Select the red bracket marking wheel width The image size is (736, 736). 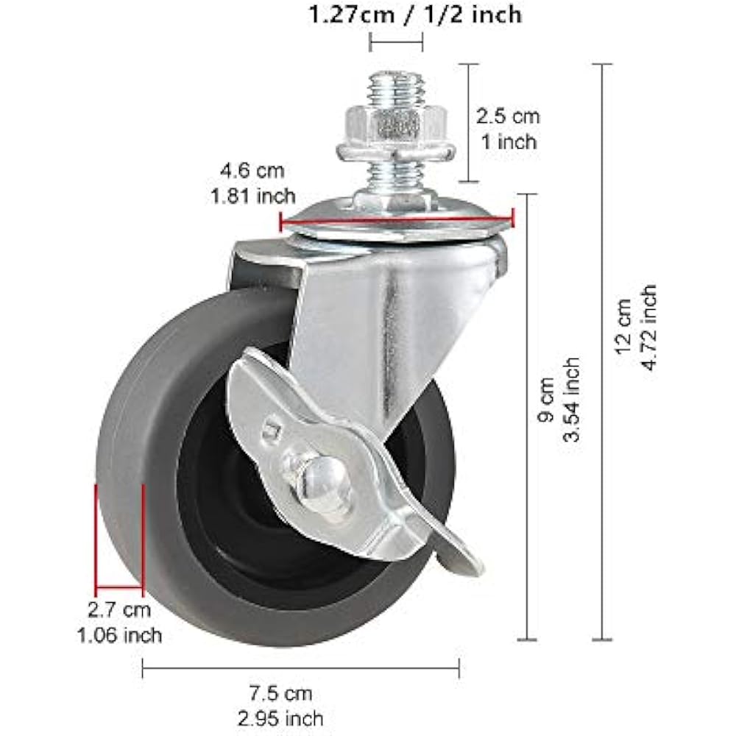tap(118, 587)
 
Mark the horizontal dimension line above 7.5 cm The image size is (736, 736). tap(300, 668)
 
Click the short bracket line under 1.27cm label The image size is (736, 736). tap(396, 42)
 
